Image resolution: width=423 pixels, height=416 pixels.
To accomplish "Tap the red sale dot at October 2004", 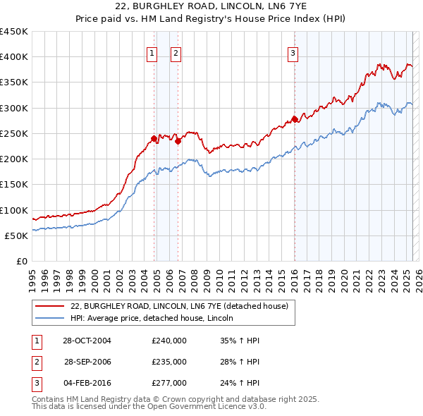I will click(x=154, y=138).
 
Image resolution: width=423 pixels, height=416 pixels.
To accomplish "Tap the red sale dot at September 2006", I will click(x=178, y=141).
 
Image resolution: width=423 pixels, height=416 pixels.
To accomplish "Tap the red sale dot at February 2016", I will click(x=294, y=119).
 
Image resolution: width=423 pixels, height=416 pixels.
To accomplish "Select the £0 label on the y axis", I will click(x=20, y=262).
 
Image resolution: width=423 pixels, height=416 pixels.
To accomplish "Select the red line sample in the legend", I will click(x=49, y=306).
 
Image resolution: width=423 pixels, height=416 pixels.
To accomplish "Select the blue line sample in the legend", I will click(x=49, y=319).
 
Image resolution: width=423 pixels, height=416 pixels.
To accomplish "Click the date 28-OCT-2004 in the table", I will click(x=87, y=340).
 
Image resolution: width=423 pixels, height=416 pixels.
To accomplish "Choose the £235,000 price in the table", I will click(x=169, y=362).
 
